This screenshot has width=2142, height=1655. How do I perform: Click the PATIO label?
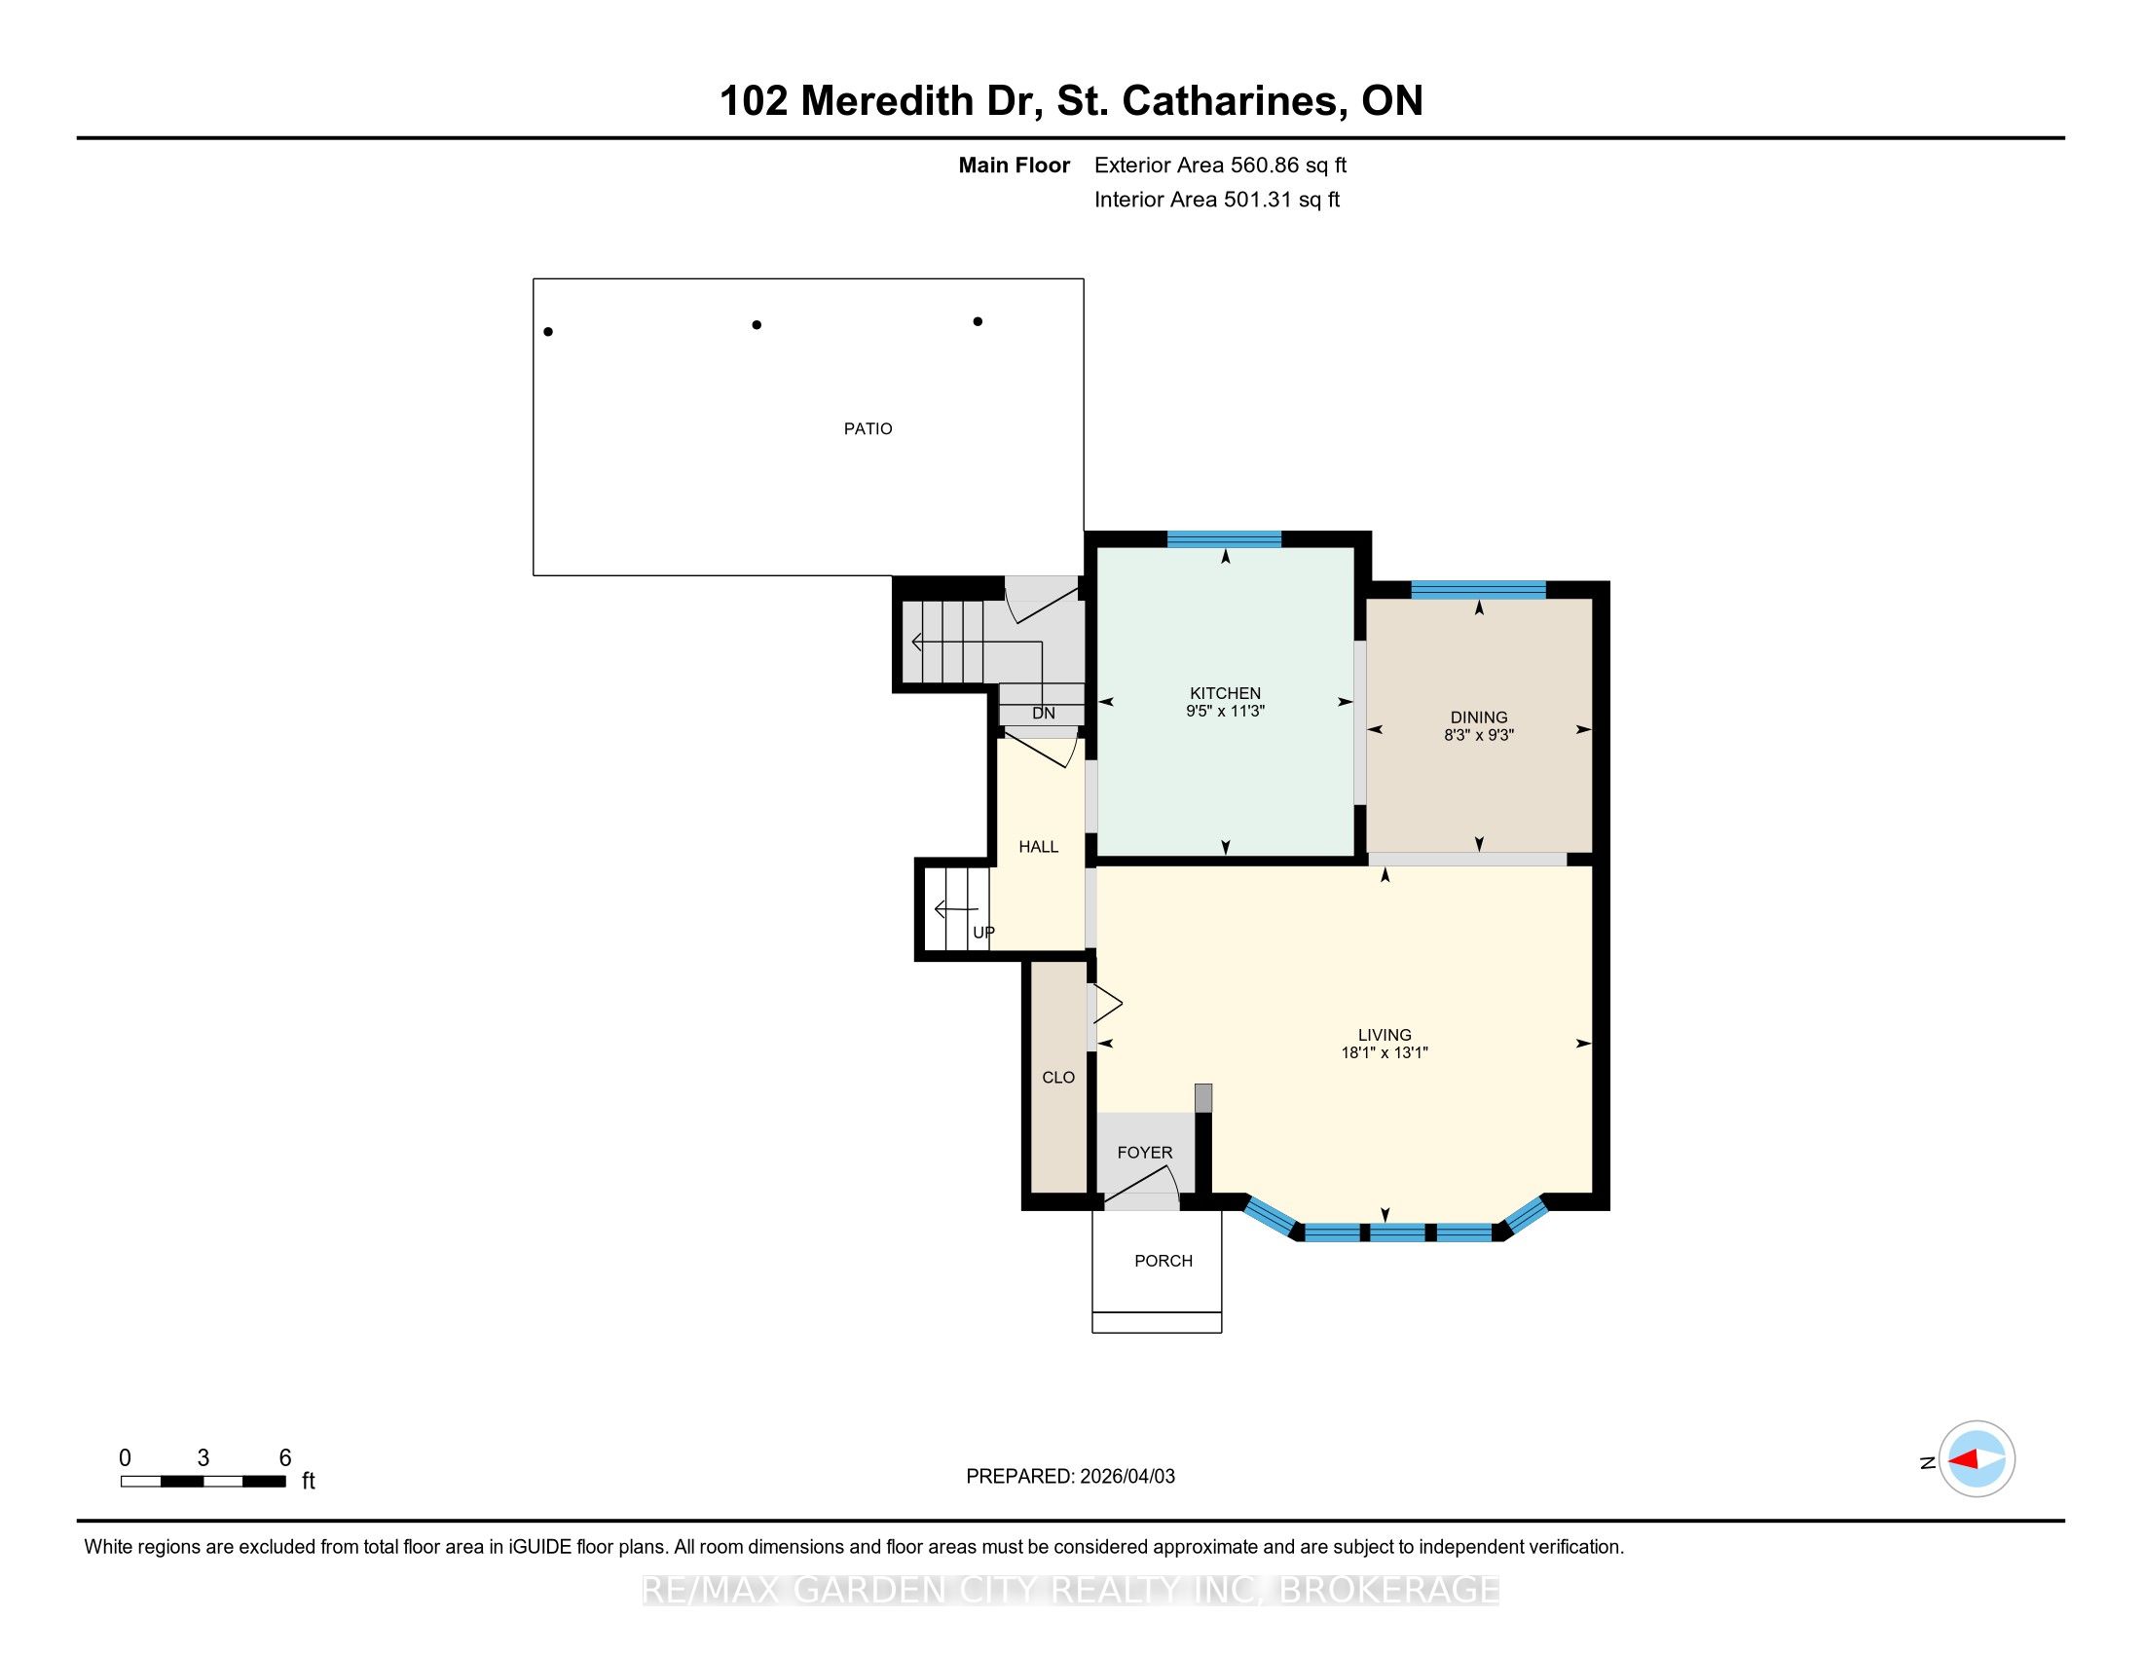click(868, 428)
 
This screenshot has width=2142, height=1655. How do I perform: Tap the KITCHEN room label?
click(1225, 693)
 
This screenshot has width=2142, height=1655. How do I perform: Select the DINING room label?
click(1479, 717)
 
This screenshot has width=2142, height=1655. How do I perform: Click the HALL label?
click(1039, 847)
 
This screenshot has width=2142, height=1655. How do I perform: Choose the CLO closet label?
click(1058, 1078)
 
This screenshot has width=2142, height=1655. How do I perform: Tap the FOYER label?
click(1145, 1153)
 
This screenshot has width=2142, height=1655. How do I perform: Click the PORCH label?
click(1163, 1261)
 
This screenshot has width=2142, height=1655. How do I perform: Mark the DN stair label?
click(1044, 714)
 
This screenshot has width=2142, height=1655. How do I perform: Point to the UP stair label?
click(983, 933)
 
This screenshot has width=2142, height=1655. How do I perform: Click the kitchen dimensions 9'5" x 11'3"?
click(1225, 711)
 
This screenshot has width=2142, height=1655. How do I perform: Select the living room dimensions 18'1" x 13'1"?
click(1385, 1053)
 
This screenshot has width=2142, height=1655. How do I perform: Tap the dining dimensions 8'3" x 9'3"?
click(1479, 735)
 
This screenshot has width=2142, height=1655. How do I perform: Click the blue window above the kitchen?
click(1224, 538)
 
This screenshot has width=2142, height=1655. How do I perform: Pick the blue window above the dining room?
click(1478, 589)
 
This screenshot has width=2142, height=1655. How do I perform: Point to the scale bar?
click(203, 1482)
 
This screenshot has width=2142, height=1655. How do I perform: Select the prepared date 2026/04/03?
click(1126, 1477)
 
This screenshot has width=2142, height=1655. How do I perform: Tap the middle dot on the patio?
click(757, 324)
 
